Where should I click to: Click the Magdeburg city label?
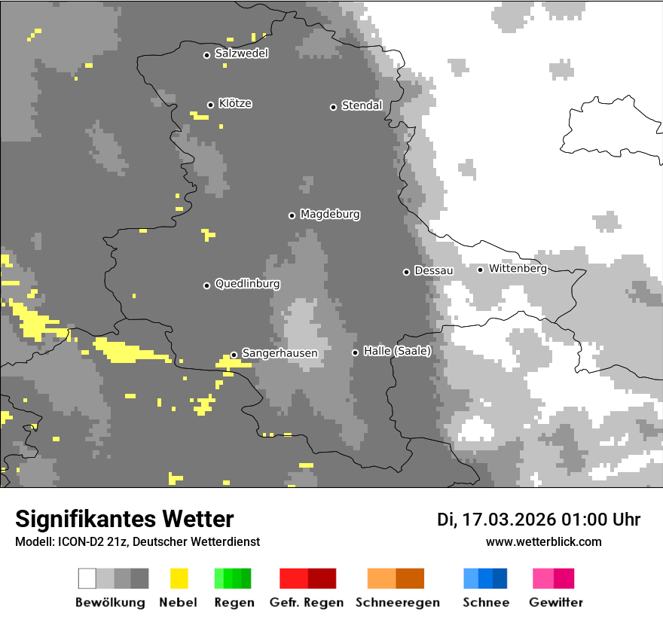pos(330,215)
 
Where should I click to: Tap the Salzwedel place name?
pos(241,53)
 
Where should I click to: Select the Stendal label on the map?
pos(362,105)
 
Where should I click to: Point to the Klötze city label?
pos(235,104)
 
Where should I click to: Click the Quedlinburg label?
pos(247,284)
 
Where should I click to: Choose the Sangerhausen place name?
pos(280,353)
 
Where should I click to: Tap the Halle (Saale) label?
pos(397,351)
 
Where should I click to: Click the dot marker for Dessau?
pos(406,272)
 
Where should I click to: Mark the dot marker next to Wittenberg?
pos(480,270)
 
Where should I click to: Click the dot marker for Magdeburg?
pos(292,215)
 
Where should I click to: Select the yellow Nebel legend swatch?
pos(179,578)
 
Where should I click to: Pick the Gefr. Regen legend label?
pos(307,602)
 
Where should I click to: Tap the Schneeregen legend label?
pos(397,602)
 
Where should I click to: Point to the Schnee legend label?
pos(485,602)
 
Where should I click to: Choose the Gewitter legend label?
pos(555,602)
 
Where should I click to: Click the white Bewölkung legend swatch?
pos(87,578)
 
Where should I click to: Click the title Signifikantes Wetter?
pos(124,520)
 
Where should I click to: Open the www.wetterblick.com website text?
pos(543,541)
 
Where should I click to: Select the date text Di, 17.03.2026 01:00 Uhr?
pos(538,520)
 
